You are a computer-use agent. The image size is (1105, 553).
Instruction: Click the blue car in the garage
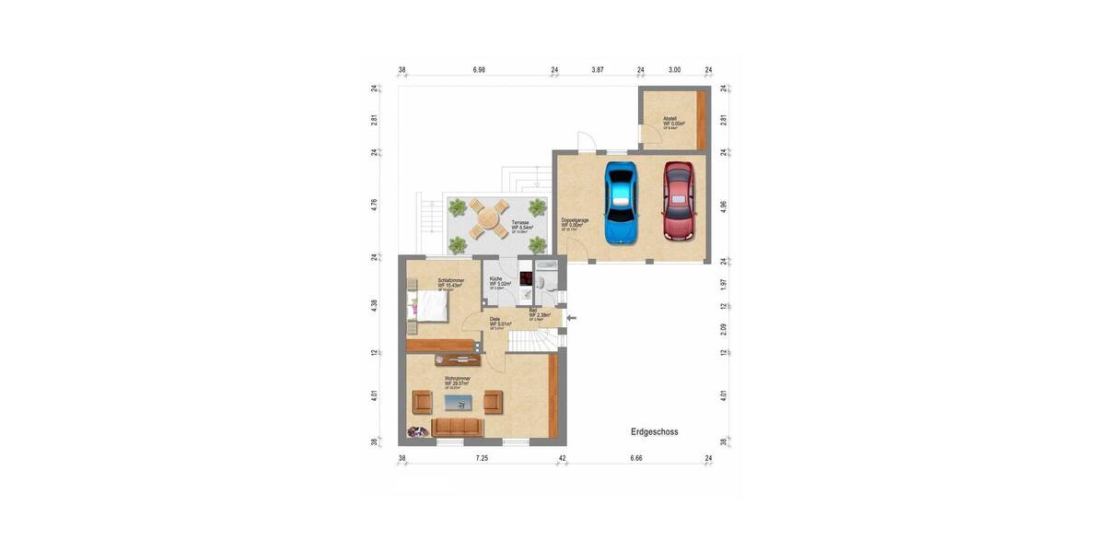(x=622, y=204)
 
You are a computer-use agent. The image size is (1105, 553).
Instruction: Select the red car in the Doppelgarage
(x=679, y=202)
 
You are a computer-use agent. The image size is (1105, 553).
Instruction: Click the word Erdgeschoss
(x=654, y=431)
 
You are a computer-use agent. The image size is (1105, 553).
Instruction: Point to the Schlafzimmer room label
(x=450, y=280)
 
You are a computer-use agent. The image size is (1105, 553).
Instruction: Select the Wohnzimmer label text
(x=458, y=379)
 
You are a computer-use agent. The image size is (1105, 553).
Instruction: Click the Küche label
(x=496, y=279)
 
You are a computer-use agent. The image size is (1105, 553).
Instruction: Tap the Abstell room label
(x=670, y=119)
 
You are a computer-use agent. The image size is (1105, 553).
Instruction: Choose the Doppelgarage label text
(x=575, y=220)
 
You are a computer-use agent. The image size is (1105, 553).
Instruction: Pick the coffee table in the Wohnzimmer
(x=458, y=401)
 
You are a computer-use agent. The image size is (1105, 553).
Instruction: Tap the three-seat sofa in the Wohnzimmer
(x=458, y=426)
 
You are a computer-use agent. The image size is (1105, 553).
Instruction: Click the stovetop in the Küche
(x=525, y=276)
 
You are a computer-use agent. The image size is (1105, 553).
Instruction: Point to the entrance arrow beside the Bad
(x=571, y=319)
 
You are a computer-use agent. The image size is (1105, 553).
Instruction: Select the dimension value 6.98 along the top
(x=479, y=70)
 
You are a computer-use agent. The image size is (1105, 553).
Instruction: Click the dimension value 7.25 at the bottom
(x=482, y=457)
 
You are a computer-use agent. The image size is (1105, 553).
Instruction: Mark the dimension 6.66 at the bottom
(x=635, y=457)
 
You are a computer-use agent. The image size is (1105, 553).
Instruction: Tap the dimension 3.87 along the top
(x=598, y=70)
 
